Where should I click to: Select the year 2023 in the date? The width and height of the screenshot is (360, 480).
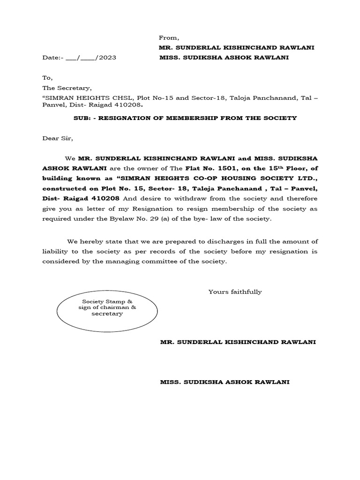click(x=106, y=58)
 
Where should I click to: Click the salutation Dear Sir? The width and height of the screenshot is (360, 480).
click(x=58, y=138)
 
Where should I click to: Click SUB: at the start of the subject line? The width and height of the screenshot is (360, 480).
click(x=82, y=118)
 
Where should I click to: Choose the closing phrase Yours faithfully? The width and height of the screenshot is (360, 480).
click(x=235, y=292)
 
